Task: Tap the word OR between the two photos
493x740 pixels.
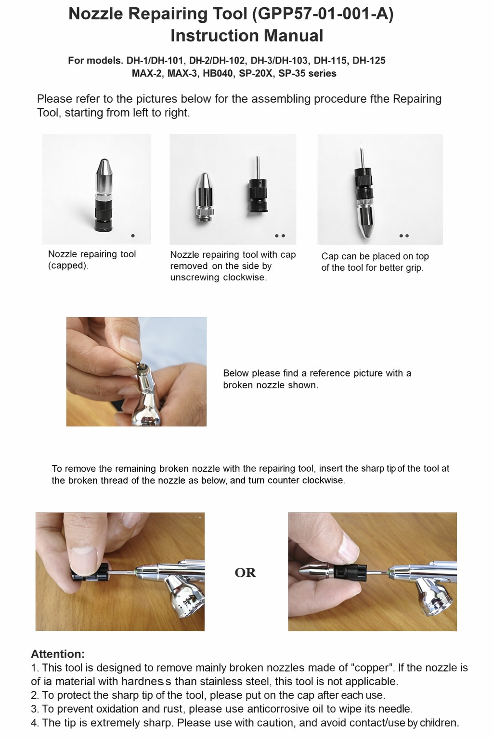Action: [x=245, y=572]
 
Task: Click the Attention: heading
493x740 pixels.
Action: [x=58, y=654]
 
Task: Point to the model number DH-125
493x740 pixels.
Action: [x=369, y=60]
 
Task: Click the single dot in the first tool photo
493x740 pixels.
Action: [x=133, y=236]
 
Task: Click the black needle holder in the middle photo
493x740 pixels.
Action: [x=258, y=195]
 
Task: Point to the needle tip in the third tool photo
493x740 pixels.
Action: [x=362, y=143]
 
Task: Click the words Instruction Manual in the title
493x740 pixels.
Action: [x=246, y=36]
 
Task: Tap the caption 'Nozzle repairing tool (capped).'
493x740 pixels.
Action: [x=92, y=260]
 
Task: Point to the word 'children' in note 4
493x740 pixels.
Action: [x=439, y=723]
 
